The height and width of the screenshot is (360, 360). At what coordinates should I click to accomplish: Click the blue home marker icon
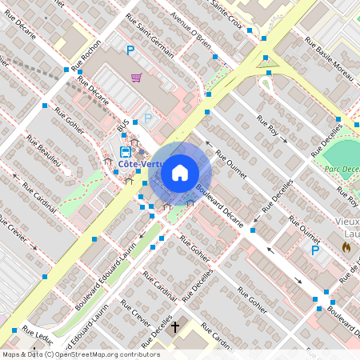(180, 172)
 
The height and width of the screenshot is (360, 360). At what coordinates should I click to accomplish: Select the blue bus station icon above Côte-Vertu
(126, 151)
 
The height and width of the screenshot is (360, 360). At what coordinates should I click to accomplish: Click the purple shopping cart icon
(137, 78)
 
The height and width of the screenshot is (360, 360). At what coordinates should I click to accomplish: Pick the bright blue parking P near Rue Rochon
(130, 51)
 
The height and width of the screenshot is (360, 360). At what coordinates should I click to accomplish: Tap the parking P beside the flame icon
(315, 250)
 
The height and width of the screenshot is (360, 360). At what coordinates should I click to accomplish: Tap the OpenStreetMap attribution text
(81, 354)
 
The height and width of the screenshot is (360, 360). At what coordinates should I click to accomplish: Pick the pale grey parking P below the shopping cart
(148, 118)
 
